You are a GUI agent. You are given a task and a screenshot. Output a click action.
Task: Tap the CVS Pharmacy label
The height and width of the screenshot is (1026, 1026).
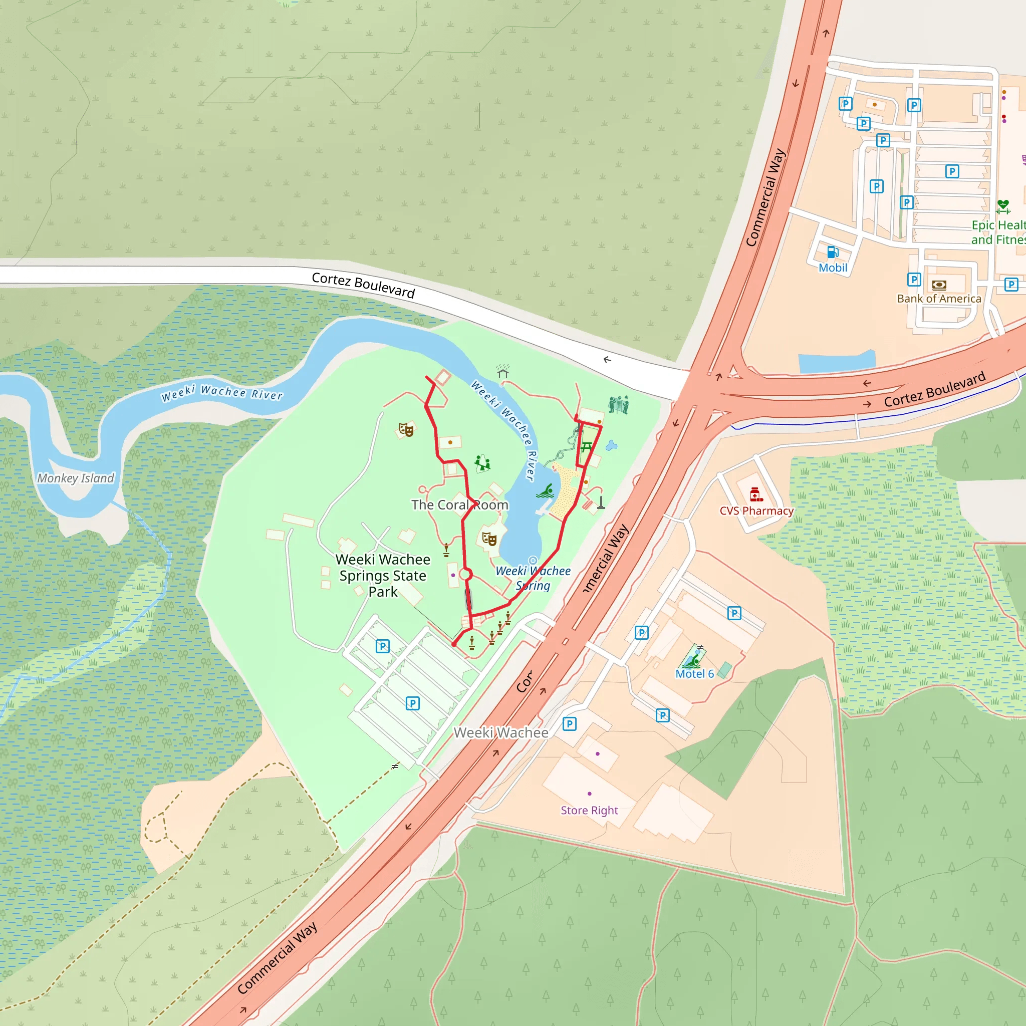(x=756, y=511)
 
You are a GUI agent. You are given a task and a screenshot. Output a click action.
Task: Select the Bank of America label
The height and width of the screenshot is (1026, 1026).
(x=939, y=299)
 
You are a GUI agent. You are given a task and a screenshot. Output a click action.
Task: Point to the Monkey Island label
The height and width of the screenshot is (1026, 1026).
(x=76, y=478)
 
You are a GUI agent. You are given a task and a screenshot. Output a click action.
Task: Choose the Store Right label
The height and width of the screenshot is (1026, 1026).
(x=590, y=811)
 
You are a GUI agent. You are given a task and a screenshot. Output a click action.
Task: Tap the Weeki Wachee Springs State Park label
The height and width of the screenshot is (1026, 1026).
(x=383, y=576)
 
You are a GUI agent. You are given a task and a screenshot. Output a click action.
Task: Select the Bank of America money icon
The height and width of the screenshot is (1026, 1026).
(x=939, y=285)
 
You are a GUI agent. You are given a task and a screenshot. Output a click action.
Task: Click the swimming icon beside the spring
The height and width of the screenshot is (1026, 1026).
(x=546, y=490)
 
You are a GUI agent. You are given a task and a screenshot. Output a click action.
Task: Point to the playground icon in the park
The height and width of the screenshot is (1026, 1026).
(x=482, y=463)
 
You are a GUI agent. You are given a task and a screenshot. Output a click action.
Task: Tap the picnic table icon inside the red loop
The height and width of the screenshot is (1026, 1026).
(x=586, y=447)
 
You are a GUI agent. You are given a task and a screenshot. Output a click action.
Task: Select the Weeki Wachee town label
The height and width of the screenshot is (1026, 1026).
(x=501, y=733)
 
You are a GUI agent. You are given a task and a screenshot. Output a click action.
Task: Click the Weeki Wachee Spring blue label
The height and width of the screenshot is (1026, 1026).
(x=533, y=578)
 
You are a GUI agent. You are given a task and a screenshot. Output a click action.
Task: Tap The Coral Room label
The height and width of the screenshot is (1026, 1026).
(x=460, y=505)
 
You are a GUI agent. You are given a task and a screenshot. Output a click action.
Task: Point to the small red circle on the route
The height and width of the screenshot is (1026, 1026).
(x=465, y=575)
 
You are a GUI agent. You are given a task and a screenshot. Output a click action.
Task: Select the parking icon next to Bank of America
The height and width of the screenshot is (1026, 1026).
(x=914, y=280)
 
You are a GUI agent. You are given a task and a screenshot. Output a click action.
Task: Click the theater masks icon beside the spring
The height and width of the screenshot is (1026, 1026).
(x=489, y=539)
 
